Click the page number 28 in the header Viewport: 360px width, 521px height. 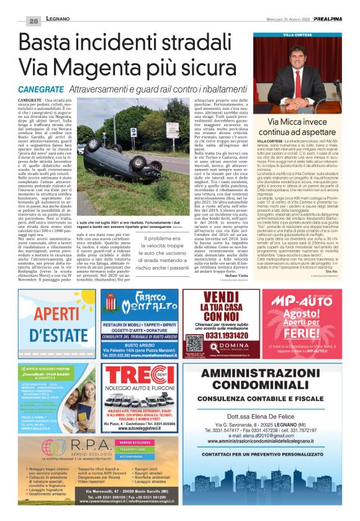[x=32, y=21]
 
